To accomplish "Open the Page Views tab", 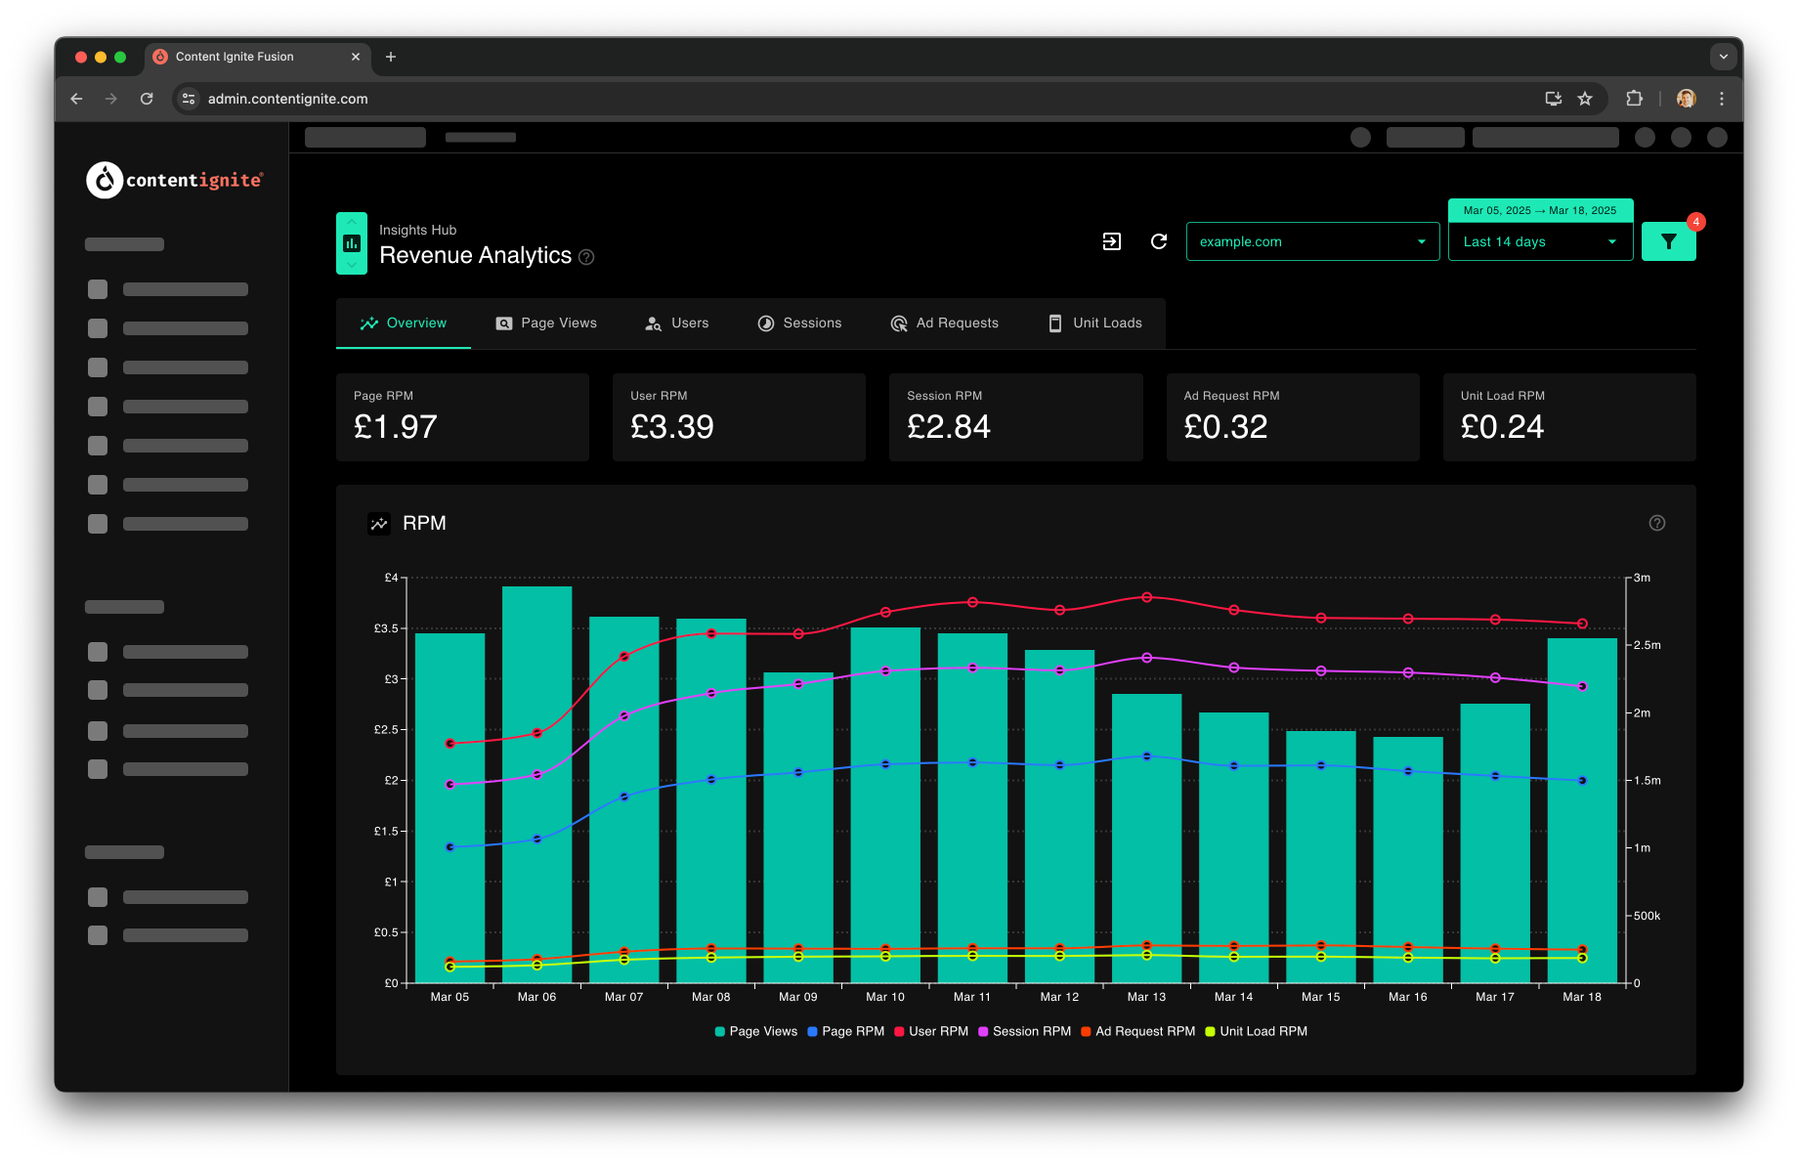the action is point(546,323).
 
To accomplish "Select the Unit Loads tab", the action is point(1094,323).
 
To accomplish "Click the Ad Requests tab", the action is point(944,323).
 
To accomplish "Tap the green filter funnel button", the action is point(1668,241).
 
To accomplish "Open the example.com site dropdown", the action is point(1312,241).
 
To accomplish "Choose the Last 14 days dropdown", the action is point(1540,241).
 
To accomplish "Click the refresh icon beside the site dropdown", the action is point(1159,241).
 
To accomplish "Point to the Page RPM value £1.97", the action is point(395,427).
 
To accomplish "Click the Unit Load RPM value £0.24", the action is point(1502,427).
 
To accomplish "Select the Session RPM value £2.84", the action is point(948,427).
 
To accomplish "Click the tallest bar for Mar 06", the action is point(536,784).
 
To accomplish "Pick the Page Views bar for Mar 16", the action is point(1408,859).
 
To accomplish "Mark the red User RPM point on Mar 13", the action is point(1147,597).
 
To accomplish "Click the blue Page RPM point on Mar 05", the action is point(449,847).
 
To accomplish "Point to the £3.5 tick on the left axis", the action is point(387,628).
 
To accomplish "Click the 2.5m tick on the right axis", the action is point(1648,645).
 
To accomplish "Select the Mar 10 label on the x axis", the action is point(885,997).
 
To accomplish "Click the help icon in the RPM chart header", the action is point(1657,523).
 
